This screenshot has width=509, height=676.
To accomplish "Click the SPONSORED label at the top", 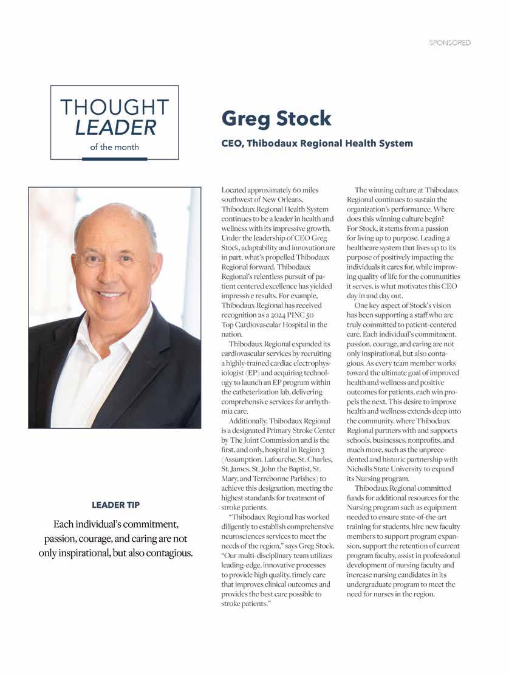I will [x=449, y=43].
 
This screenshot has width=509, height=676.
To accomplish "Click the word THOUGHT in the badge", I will [x=114, y=108].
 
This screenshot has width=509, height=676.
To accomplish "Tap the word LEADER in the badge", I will [x=115, y=127].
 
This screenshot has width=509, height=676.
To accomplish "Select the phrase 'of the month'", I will [x=114, y=146].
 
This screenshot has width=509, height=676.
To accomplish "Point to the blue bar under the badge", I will [x=114, y=159].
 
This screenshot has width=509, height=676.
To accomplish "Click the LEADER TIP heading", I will [x=115, y=505].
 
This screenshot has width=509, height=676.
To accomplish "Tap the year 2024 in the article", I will [x=285, y=315].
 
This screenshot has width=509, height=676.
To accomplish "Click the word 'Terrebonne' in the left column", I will [x=295, y=478].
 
